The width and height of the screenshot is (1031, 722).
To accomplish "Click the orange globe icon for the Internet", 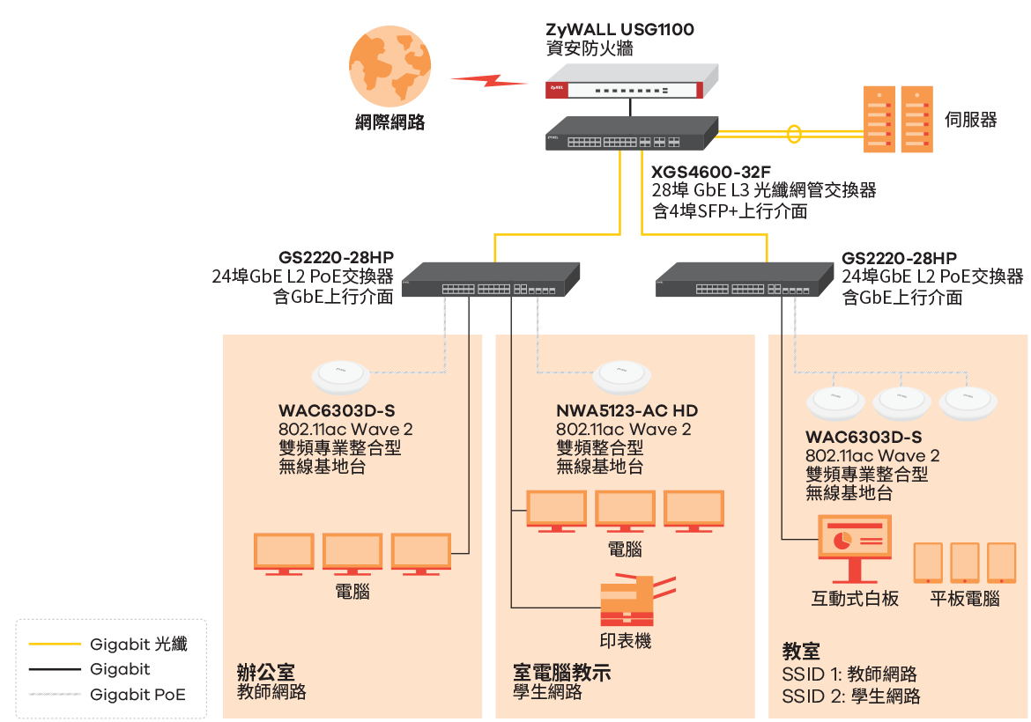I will tap(389, 68).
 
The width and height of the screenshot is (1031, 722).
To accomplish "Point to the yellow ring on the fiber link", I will tap(795, 135).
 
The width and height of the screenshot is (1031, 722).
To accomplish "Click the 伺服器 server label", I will tap(970, 120).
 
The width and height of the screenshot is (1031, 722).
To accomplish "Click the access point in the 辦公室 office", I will tap(340, 377).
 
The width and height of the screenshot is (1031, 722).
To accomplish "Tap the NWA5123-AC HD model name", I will tap(627, 410).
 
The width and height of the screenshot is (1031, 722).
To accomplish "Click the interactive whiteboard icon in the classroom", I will tap(854, 548).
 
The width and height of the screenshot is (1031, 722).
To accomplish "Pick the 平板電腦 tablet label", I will tap(965, 600).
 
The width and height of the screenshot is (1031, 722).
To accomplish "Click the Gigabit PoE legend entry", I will tap(137, 695).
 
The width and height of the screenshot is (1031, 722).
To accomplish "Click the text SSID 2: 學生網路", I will tap(851, 696).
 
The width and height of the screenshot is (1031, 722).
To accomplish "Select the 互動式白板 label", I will tap(855, 600).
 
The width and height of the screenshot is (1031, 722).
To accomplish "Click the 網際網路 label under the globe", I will tap(389, 123).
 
